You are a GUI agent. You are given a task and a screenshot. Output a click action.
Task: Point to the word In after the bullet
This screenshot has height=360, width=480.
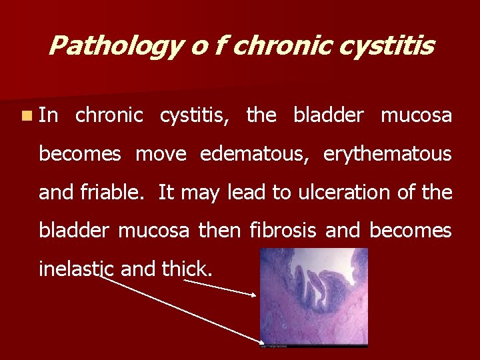[48, 115]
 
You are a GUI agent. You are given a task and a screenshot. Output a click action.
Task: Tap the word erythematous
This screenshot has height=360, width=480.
[387, 154]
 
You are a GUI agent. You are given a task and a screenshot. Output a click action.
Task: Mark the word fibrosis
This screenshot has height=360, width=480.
[285, 231]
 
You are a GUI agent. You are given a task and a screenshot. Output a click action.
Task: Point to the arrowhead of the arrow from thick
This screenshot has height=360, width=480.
[255, 294]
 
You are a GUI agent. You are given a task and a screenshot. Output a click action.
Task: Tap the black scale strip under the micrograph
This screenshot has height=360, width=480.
[313, 346]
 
